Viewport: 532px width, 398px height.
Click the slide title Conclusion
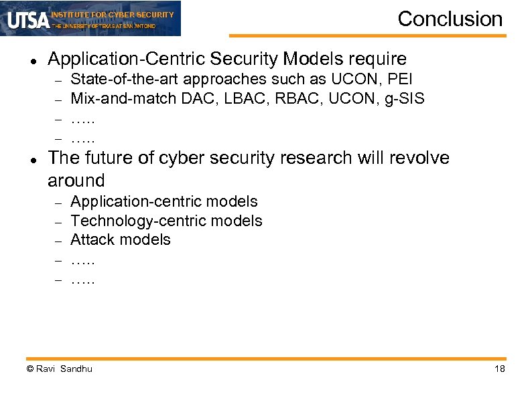click(x=450, y=19)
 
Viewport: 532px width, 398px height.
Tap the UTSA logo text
click(x=29, y=21)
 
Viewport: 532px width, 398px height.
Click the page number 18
click(x=499, y=369)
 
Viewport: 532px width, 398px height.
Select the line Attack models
click(x=121, y=239)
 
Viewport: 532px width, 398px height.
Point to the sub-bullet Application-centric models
click(x=164, y=201)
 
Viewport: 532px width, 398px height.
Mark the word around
click(x=76, y=181)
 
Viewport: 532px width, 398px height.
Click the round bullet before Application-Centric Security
click(x=32, y=61)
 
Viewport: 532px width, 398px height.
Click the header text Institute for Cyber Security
click(x=113, y=14)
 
